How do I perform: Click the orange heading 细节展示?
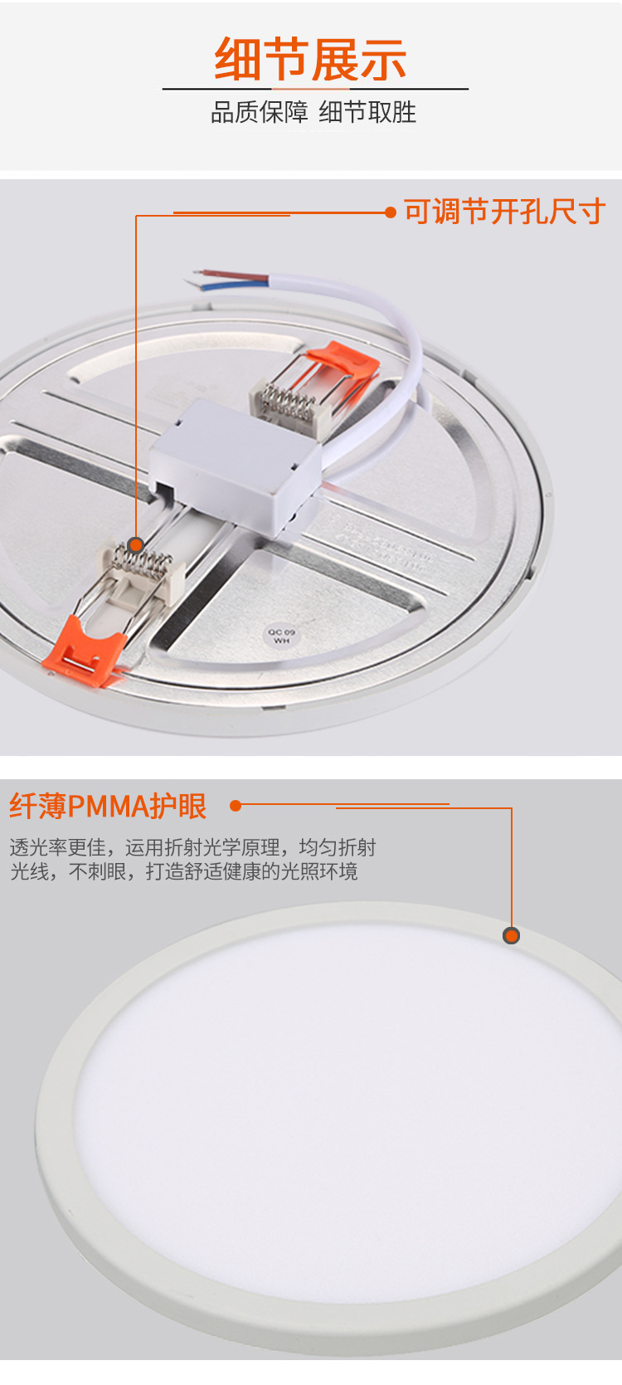pos(310,60)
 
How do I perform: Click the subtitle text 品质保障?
pos(259,112)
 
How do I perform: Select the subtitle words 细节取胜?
pos(367,112)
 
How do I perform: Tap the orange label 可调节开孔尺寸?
pos(504,212)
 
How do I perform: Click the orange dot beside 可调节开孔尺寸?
pos(391,212)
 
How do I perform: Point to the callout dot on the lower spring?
pos(136,545)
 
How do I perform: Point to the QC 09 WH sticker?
pos(280,636)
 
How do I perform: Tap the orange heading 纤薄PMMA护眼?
pos(108,806)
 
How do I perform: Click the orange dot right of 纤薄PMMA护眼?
pos(236,805)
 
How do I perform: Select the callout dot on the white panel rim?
pos(512,936)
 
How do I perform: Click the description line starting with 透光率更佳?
pos(192,847)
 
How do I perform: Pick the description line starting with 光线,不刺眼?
pos(183,871)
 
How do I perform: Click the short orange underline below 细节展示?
pos(310,88)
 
